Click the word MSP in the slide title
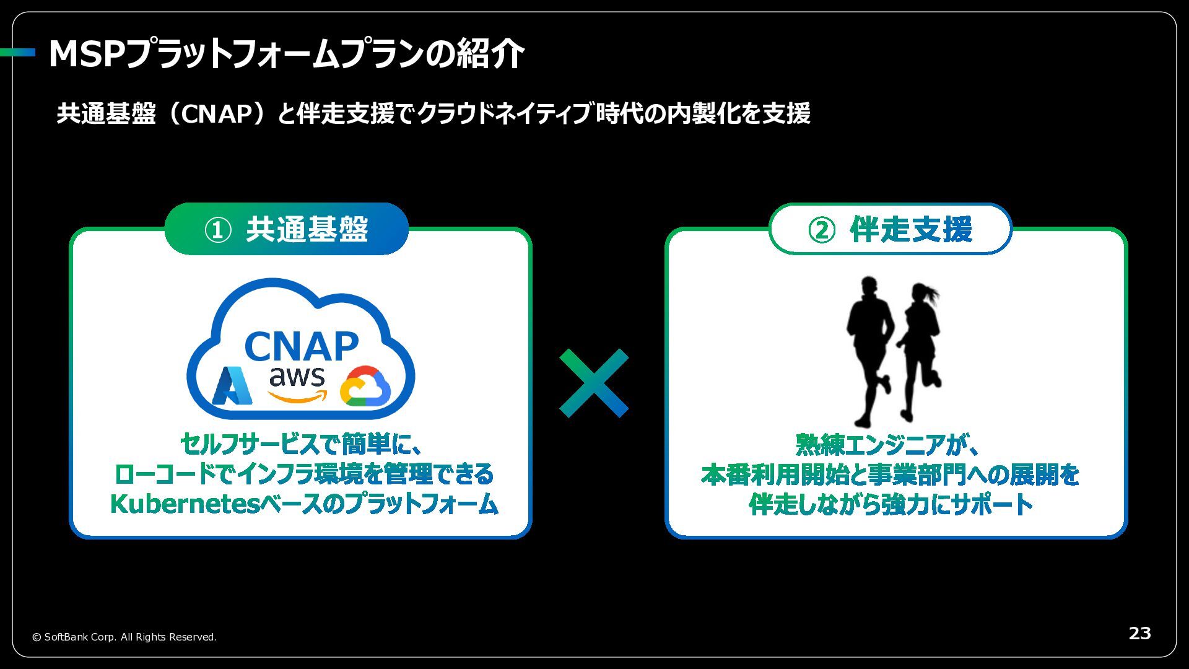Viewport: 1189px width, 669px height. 86,54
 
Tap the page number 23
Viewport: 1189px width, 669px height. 1139,633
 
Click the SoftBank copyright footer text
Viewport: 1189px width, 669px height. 124,637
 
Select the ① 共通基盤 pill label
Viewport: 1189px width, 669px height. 286,229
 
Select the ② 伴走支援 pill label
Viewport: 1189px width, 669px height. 890,229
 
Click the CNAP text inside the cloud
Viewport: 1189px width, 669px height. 302,347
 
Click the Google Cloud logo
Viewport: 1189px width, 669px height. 365,387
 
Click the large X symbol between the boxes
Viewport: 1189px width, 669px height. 594,383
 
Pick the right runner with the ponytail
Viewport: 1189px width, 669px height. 920,350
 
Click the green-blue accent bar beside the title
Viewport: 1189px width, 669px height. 17,53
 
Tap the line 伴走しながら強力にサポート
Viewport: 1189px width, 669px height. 891,504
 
